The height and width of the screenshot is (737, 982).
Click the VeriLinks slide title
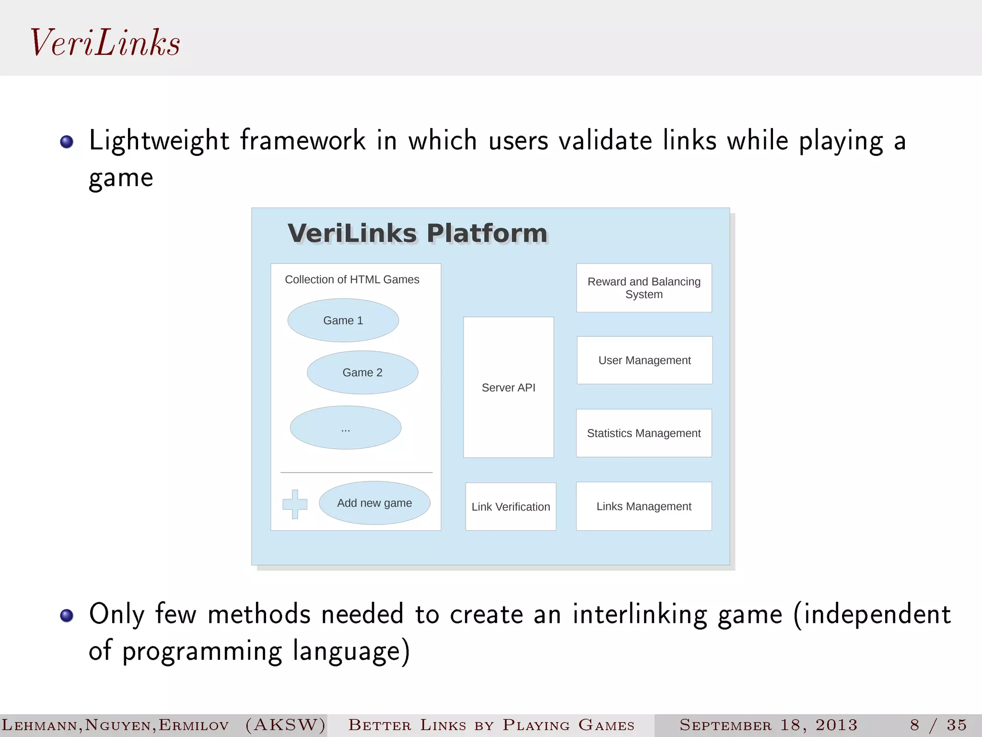[105, 43]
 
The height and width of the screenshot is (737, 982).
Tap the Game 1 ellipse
[343, 321]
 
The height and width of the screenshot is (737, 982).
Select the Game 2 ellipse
[362, 372]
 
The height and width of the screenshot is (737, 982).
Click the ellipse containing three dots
[345, 428]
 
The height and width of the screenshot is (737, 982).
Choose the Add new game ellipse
[374, 503]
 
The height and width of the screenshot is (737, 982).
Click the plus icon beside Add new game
[294, 504]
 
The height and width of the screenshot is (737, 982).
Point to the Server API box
[508, 387]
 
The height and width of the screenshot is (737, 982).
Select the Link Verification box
[511, 507]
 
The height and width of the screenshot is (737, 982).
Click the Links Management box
[643, 506]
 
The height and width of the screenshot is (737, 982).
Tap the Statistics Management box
[643, 433]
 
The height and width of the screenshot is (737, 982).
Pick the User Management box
[644, 360]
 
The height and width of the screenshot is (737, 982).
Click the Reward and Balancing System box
[644, 288]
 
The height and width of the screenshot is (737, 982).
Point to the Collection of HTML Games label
[352, 279]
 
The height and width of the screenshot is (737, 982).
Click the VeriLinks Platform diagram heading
[417, 234]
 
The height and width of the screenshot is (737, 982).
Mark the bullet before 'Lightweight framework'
[67, 142]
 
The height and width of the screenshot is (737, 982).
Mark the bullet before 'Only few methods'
[67, 615]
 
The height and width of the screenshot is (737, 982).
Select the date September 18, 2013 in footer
[768, 725]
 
